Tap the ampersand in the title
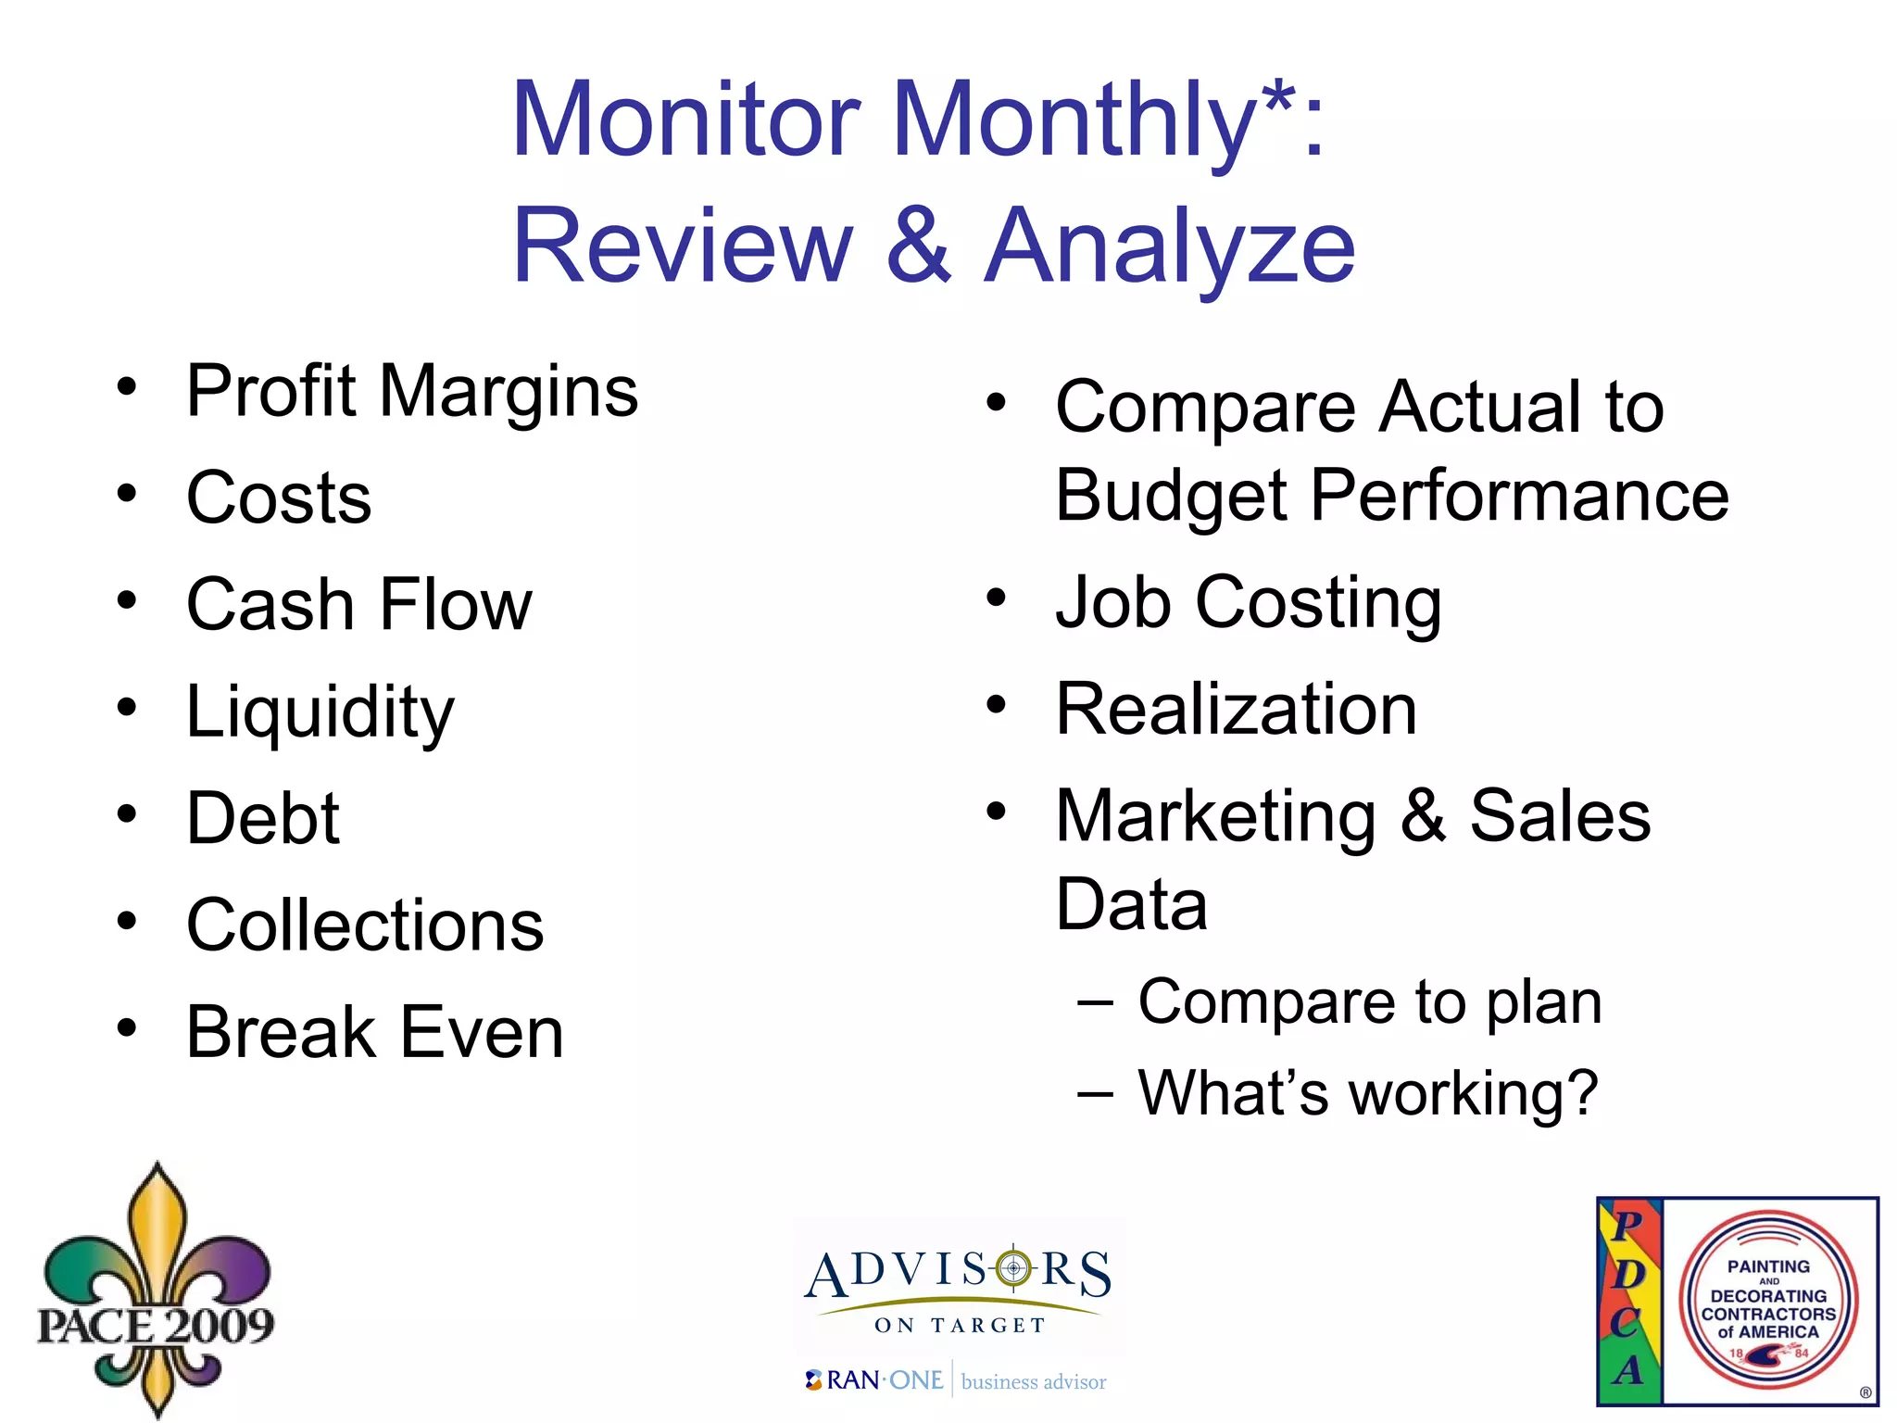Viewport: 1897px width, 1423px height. pos(918,246)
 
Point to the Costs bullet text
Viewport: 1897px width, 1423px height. pos(279,497)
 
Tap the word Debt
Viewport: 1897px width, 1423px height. pos(263,819)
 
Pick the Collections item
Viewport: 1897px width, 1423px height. pos(365,926)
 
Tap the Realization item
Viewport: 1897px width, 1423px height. pos(1237,710)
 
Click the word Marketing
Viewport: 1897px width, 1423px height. pos(1215,817)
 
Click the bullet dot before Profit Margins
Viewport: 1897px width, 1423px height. pos(127,386)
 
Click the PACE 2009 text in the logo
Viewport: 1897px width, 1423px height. pos(156,1325)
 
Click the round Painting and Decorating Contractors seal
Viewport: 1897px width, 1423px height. pos(1767,1301)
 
